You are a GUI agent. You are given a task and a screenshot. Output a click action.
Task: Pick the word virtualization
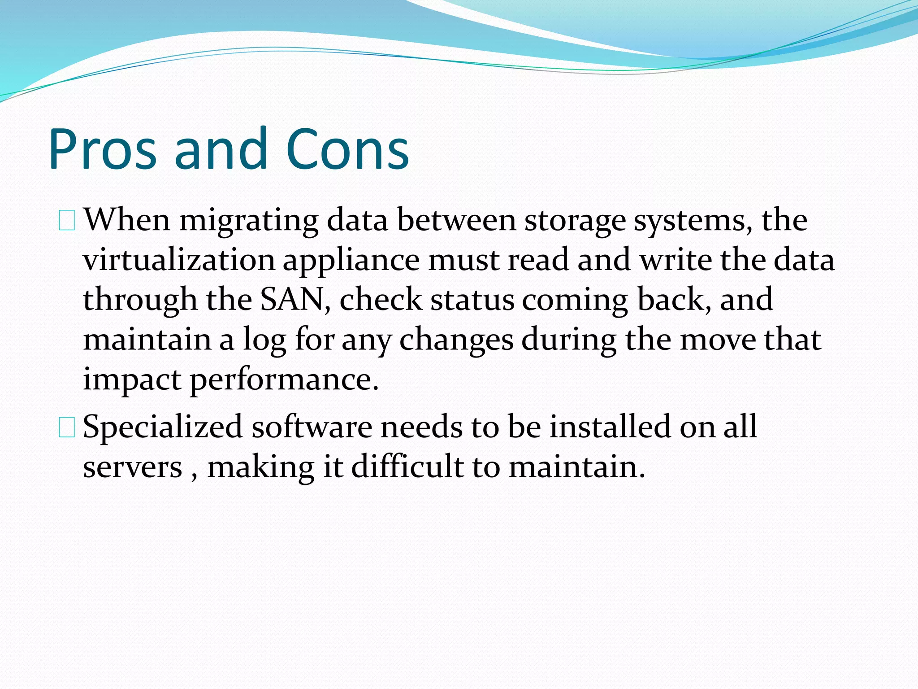coord(179,260)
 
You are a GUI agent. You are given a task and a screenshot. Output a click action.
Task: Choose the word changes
coord(456,340)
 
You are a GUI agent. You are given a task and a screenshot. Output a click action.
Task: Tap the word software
coord(312,427)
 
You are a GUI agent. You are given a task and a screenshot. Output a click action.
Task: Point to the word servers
coord(133,467)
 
